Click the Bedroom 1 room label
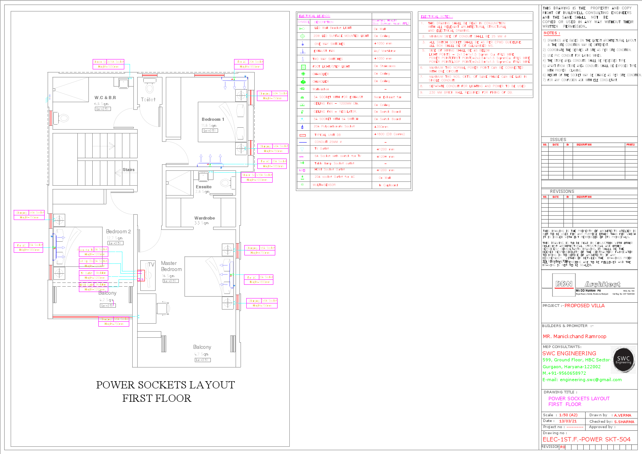pos(213,119)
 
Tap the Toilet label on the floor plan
pos(148,99)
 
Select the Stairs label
pos(128,170)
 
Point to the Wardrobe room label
pos(205,218)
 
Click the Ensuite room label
pos(204,187)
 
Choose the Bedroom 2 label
pos(118,231)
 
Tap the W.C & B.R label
pos(105,98)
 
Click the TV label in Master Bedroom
pos(151,264)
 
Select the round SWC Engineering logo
pos(623,359)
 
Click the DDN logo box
pos(564,284)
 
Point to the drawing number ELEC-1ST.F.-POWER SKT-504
pos(586,439)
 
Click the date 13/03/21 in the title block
pos(568,421)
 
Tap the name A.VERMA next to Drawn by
pos(622,415)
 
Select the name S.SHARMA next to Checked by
pos(624,422)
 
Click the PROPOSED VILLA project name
pos(584,306)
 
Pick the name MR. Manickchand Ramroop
pos(574,336)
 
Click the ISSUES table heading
pos(558,140)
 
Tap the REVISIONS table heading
pos(562,191)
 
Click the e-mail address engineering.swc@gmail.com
pos(591,380)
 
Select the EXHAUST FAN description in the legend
pos(324,51)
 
